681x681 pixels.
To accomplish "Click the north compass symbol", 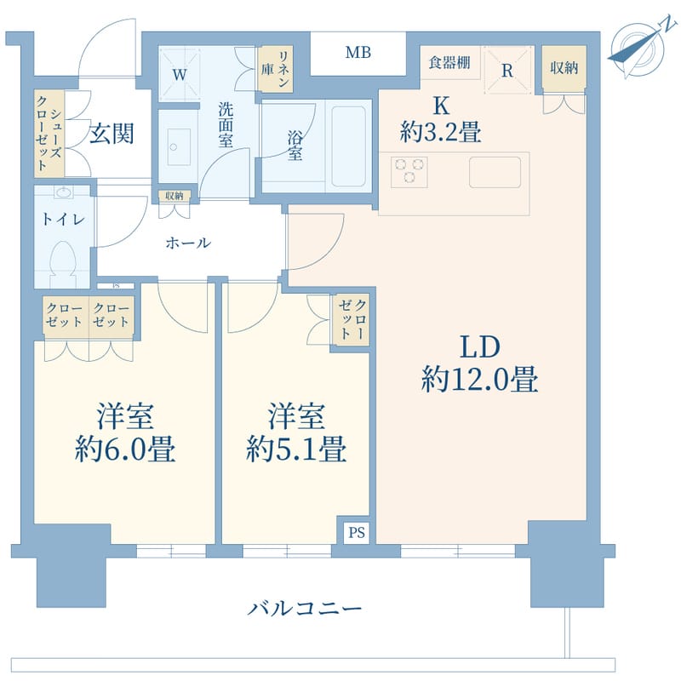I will (636, 49).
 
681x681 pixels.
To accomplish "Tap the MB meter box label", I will (358, 54).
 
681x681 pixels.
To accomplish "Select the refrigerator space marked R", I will (507, 71).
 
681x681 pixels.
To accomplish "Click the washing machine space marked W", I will (180, 74).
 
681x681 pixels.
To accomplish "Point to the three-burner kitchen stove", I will (409, 170).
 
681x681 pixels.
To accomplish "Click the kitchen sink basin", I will (495, 171).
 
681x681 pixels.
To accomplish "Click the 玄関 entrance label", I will (112, 134).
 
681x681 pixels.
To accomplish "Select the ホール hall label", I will (187, 243).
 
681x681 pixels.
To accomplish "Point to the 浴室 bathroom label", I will (295, 145).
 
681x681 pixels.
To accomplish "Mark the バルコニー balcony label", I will (306, 609).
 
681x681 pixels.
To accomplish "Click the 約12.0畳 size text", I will (479, 380).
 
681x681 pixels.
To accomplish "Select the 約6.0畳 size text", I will (125, 449).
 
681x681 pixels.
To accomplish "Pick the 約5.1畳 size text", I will (295, 449).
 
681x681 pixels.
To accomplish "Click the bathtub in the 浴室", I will (350, 145).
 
